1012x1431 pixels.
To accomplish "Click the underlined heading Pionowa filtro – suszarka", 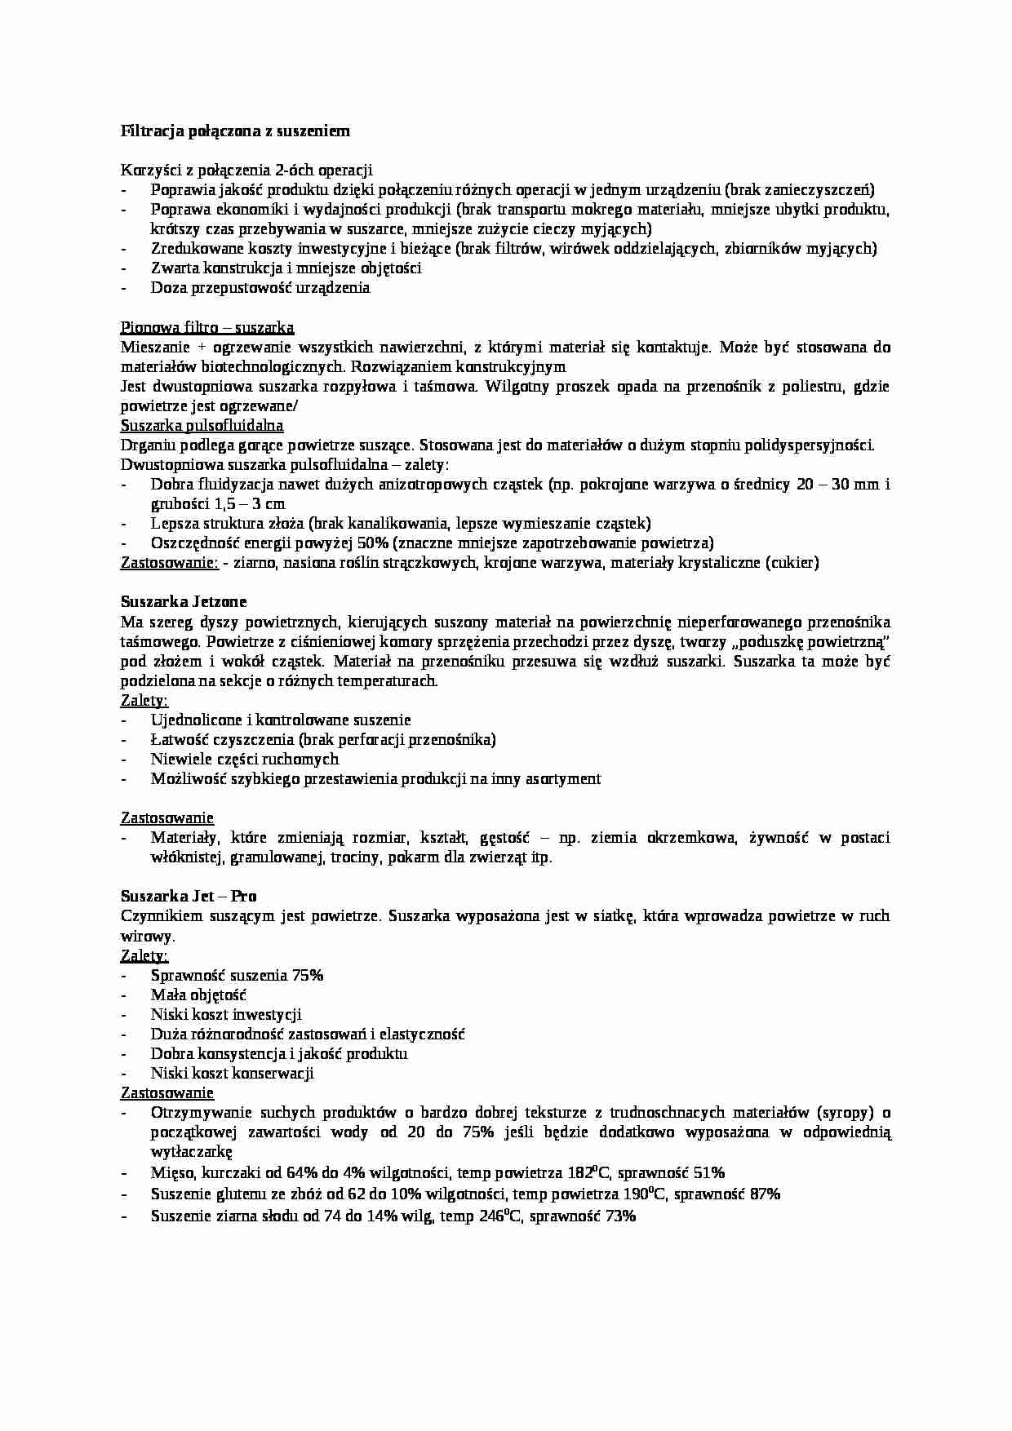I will click(207, 327).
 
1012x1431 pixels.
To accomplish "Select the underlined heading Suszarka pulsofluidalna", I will click(202, 425).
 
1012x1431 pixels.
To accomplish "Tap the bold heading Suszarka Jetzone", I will click(183, 602).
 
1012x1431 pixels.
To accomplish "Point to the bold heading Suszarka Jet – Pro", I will click(189, 896).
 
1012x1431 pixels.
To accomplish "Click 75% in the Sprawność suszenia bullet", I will click(308, 975).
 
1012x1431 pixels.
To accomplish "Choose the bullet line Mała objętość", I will click(198, 995).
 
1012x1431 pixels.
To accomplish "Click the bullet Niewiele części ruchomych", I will click(244, 759).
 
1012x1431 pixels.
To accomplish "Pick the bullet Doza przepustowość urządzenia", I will click(260, 288).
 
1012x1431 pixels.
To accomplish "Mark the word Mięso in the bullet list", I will click(172, 1173).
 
